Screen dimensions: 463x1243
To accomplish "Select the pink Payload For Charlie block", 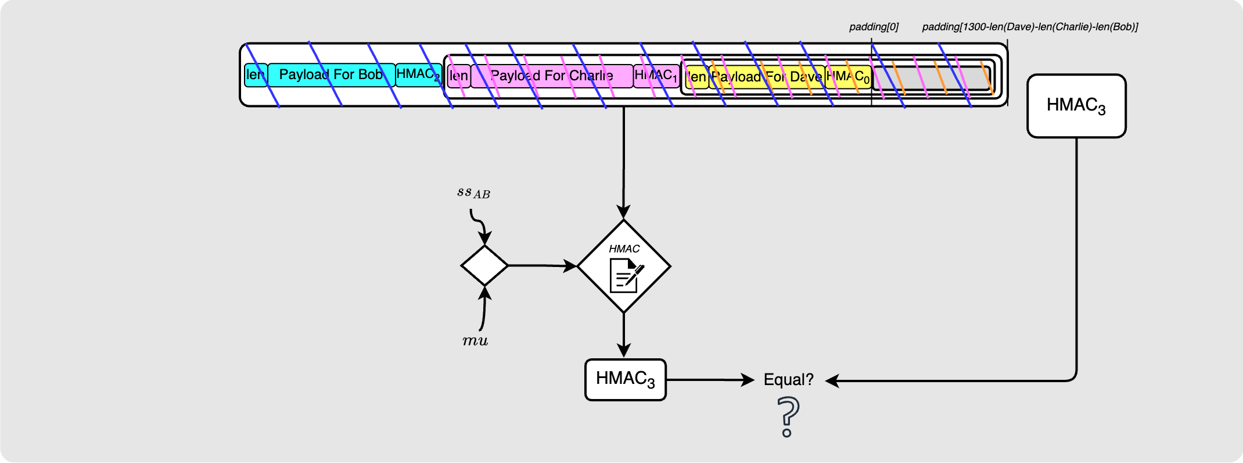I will pyautogui.click(x=551, y=76).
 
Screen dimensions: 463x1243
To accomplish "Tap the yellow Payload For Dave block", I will pyautogui.click(x=767, y=77).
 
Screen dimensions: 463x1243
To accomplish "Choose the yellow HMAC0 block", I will pyautogui.click(x=848, y=77).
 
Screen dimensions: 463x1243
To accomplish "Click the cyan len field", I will pyautogui.click(x=256, y=75).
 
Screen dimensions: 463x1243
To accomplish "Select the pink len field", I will pyautogui.click(x=459, y=76).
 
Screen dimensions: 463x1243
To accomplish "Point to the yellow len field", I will pyautogui.click(x=696, y=77).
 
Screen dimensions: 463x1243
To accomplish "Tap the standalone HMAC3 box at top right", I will pyautogui.click(x=1076, y=106).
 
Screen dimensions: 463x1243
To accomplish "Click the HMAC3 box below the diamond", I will pyautogui.click(x=625, y=379).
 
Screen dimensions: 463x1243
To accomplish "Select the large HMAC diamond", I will pyautogui.click(x=624, y=266).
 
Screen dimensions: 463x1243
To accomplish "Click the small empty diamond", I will pyautogui.click(x=484, y=265).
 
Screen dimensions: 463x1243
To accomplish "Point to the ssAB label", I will pyautogui.click(x=473, y=193).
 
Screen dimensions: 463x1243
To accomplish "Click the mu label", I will pyautogui.click(x=475, y=341).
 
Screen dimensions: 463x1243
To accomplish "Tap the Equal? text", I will pyautogui.click(x=788, y=380).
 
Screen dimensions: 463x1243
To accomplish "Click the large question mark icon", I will pyautogui.click(x=788, y=416).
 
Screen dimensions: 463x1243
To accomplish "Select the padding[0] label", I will pyautogui.click(x=874, y=27).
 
